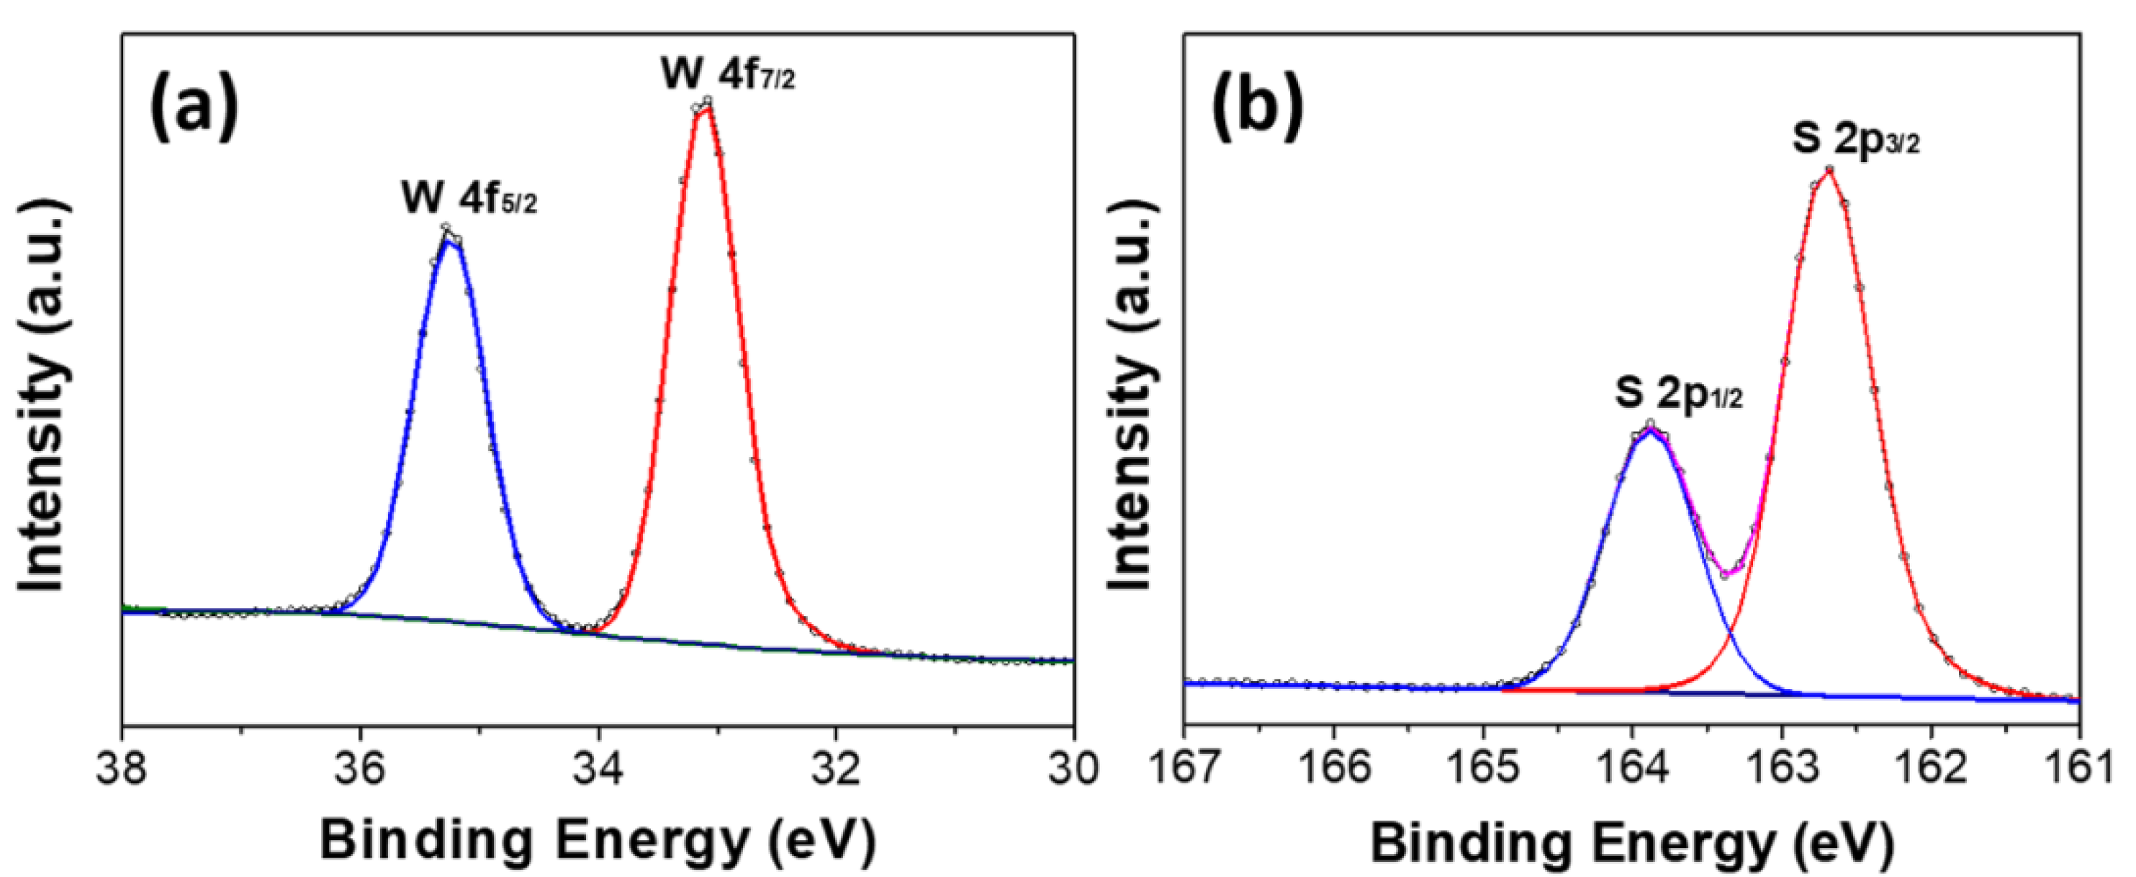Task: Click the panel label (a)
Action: pos(193,106)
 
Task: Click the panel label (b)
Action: pos(1257,106)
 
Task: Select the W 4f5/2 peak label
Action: pos(469,199)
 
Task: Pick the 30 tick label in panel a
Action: pos(1073,769)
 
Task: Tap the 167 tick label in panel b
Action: pos(1184,769)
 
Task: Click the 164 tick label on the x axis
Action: pos(1632,769)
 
